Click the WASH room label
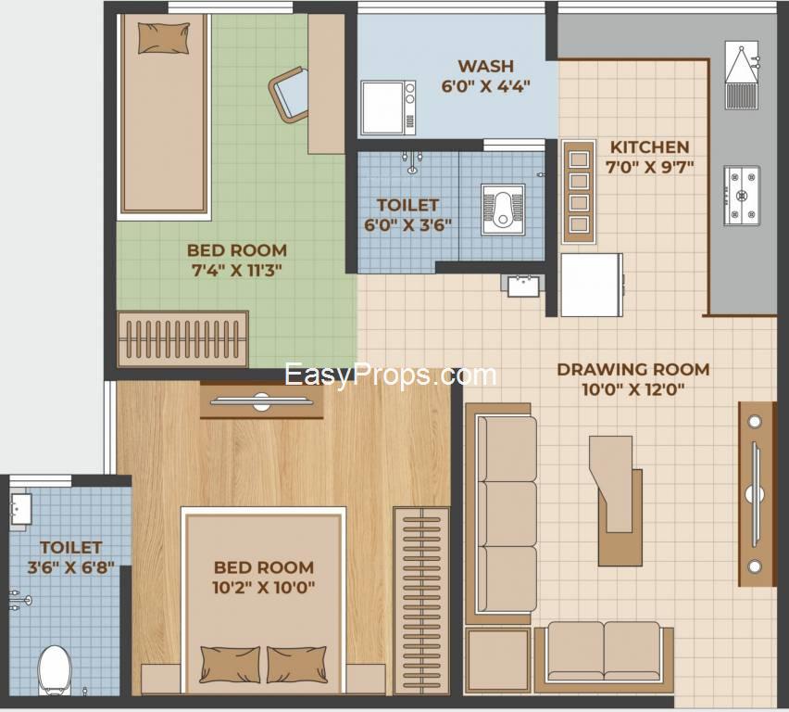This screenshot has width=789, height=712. coord(485,67)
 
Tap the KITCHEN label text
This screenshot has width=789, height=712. coord(649,147)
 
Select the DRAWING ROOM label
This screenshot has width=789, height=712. coord(633,369)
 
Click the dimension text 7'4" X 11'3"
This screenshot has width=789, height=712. coord(236,271)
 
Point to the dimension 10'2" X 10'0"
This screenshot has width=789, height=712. coord(264,587)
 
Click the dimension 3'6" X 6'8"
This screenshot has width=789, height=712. coord(71,568)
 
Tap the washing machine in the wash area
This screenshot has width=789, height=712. coord(388,108)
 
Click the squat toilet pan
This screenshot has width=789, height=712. coord(503,210)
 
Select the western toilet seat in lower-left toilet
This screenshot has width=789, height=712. coord(55,670)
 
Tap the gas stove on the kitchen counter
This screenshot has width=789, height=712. coord(742,196)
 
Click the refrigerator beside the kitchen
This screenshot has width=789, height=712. coord(593,285)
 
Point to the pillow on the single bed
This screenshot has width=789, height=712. coord(164,38)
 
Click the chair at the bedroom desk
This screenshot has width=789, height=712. coord(289,95)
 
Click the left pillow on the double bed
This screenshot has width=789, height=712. coord(230,665)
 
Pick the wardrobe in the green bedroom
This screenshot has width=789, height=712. coord(182,339)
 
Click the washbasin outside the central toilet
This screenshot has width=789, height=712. coord(523,286)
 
